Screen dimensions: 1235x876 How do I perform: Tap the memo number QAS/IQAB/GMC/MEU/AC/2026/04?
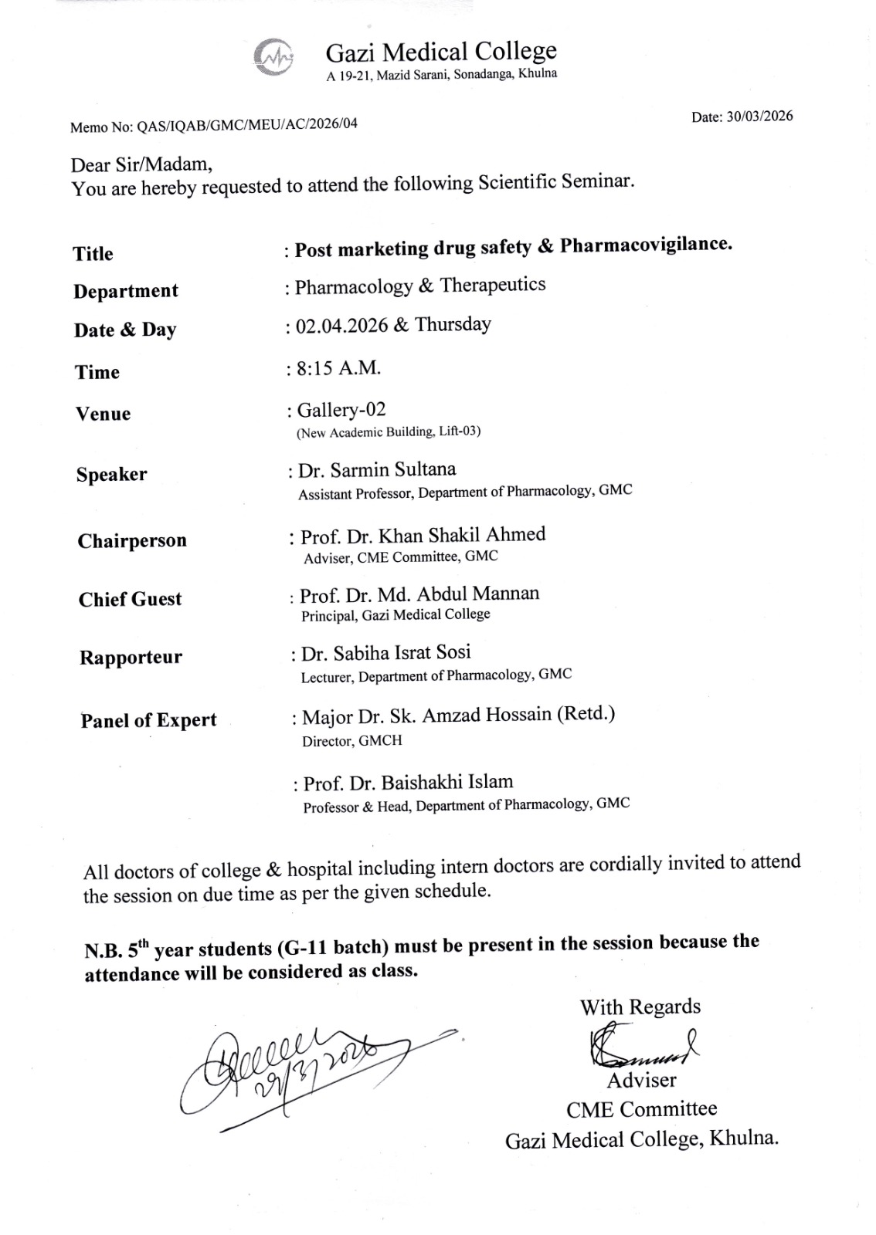(x=246, y=124)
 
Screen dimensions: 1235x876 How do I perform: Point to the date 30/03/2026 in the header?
(x=759, y=117)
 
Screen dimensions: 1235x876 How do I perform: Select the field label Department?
(x=126, y=291)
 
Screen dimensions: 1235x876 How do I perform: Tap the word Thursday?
(x=453, y=323)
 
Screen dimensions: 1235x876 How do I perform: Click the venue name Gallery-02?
(x=341, y=409)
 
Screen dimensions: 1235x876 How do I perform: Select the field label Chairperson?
(x=132, y=540)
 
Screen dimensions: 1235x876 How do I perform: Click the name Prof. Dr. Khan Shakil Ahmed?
(x=423, y=535)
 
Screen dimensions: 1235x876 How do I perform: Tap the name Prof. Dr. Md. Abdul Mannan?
(x=419, y=594)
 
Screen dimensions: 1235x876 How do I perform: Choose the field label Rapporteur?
(x=131, y=658)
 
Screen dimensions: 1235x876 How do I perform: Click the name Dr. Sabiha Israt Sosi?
(x=385, y=653)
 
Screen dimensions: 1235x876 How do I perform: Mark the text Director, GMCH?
(x=351, y=740)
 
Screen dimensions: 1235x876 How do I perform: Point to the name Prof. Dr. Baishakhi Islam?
(x=408, y=783)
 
